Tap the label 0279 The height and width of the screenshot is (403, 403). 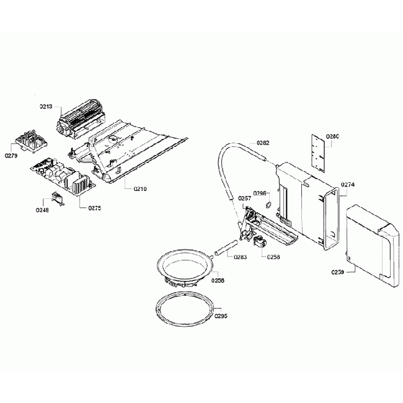(x=11, y=156)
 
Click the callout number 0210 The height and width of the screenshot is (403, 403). (x=140, y=188)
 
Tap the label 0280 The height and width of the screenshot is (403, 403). (x=333, y=136)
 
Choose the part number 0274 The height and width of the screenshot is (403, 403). (x=348, y=184)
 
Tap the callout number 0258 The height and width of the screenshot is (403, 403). (x=273, y=256)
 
